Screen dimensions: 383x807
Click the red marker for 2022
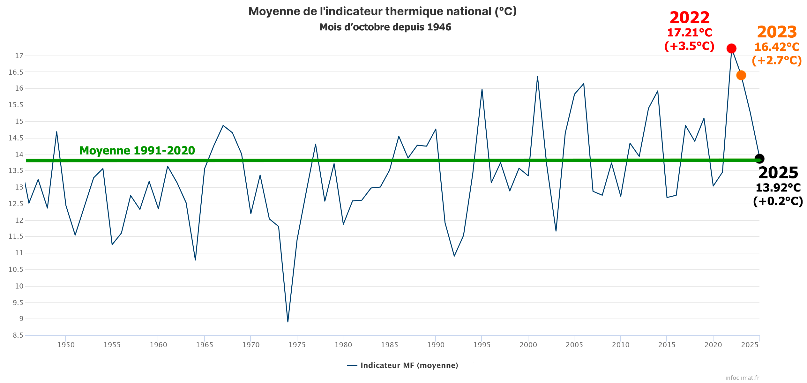pos(731,49)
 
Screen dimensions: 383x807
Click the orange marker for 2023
pos(741,75)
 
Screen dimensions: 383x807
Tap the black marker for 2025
pos(759,159)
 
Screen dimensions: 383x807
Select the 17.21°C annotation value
pos(690,33)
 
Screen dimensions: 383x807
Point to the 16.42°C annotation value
pos(777,47)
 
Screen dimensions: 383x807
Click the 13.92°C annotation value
pos(778,188)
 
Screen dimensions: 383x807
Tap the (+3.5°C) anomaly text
pos(689,46)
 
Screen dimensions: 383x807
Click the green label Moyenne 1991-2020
pos(137,150)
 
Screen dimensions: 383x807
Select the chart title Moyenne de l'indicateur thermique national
pos(382,11)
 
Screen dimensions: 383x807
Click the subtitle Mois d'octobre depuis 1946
pos(385,27)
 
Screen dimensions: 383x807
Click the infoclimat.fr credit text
pos(742,378)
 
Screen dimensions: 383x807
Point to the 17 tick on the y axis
pos(19,56)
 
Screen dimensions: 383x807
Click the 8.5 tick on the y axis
pos(18,335)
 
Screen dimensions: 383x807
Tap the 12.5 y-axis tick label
pos(16,204)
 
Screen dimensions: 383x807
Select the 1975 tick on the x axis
pos(297,345)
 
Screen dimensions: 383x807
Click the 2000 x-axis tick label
pos(528,345)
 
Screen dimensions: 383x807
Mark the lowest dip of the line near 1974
pos(288,322)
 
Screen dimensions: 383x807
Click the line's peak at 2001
pos(537,77)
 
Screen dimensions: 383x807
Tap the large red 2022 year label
pos(690,18)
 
